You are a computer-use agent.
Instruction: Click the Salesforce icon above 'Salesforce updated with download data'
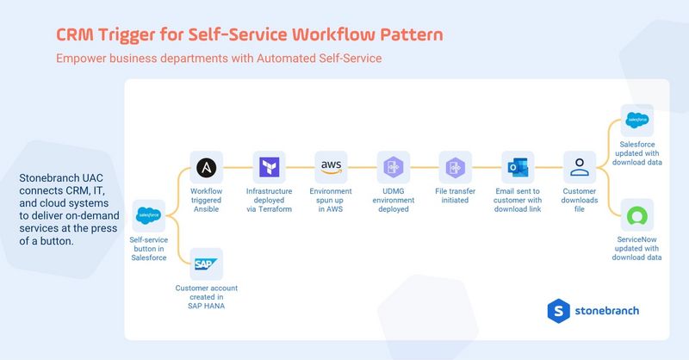point(637,120)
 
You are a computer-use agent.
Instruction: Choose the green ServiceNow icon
point(637,214)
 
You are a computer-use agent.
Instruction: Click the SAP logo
point(206,263)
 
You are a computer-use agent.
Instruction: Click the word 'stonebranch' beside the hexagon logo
point(608,311)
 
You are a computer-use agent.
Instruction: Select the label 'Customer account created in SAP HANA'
point(206,295)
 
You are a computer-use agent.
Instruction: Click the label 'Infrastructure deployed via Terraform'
point(268,199)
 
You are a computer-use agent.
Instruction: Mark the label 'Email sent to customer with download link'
point(518,199)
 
